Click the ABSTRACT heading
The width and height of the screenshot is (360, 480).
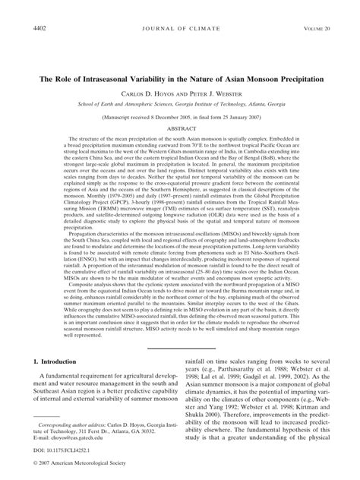pos(180,129)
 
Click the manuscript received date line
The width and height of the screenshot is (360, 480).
pos(180,117)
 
